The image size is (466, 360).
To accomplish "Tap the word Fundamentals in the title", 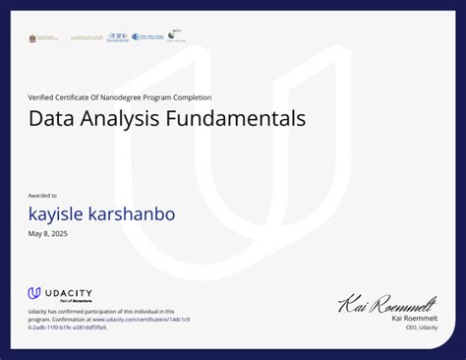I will click(x=244, y=120).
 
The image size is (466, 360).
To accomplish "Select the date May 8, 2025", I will click(x=49, y=233).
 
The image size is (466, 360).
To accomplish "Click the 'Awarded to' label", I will click(x=42, y=196).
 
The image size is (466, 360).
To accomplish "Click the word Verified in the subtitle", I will click(x=41, y=97).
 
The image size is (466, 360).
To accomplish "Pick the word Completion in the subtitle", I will click(x=190, y=97).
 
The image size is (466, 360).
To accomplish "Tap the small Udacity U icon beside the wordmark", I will click(x=33, y=293).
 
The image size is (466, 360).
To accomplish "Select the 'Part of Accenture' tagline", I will click(x=61, y=301).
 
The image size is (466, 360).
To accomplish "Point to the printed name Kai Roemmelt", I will click(x=414, y=318).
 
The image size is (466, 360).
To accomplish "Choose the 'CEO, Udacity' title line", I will click(x=422, y=327).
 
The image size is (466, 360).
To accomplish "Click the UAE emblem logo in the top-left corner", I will click(x=35, y=38).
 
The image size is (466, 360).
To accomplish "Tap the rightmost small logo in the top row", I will click(x=176, y=35).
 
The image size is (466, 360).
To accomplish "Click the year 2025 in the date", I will click(x=60, y=233).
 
